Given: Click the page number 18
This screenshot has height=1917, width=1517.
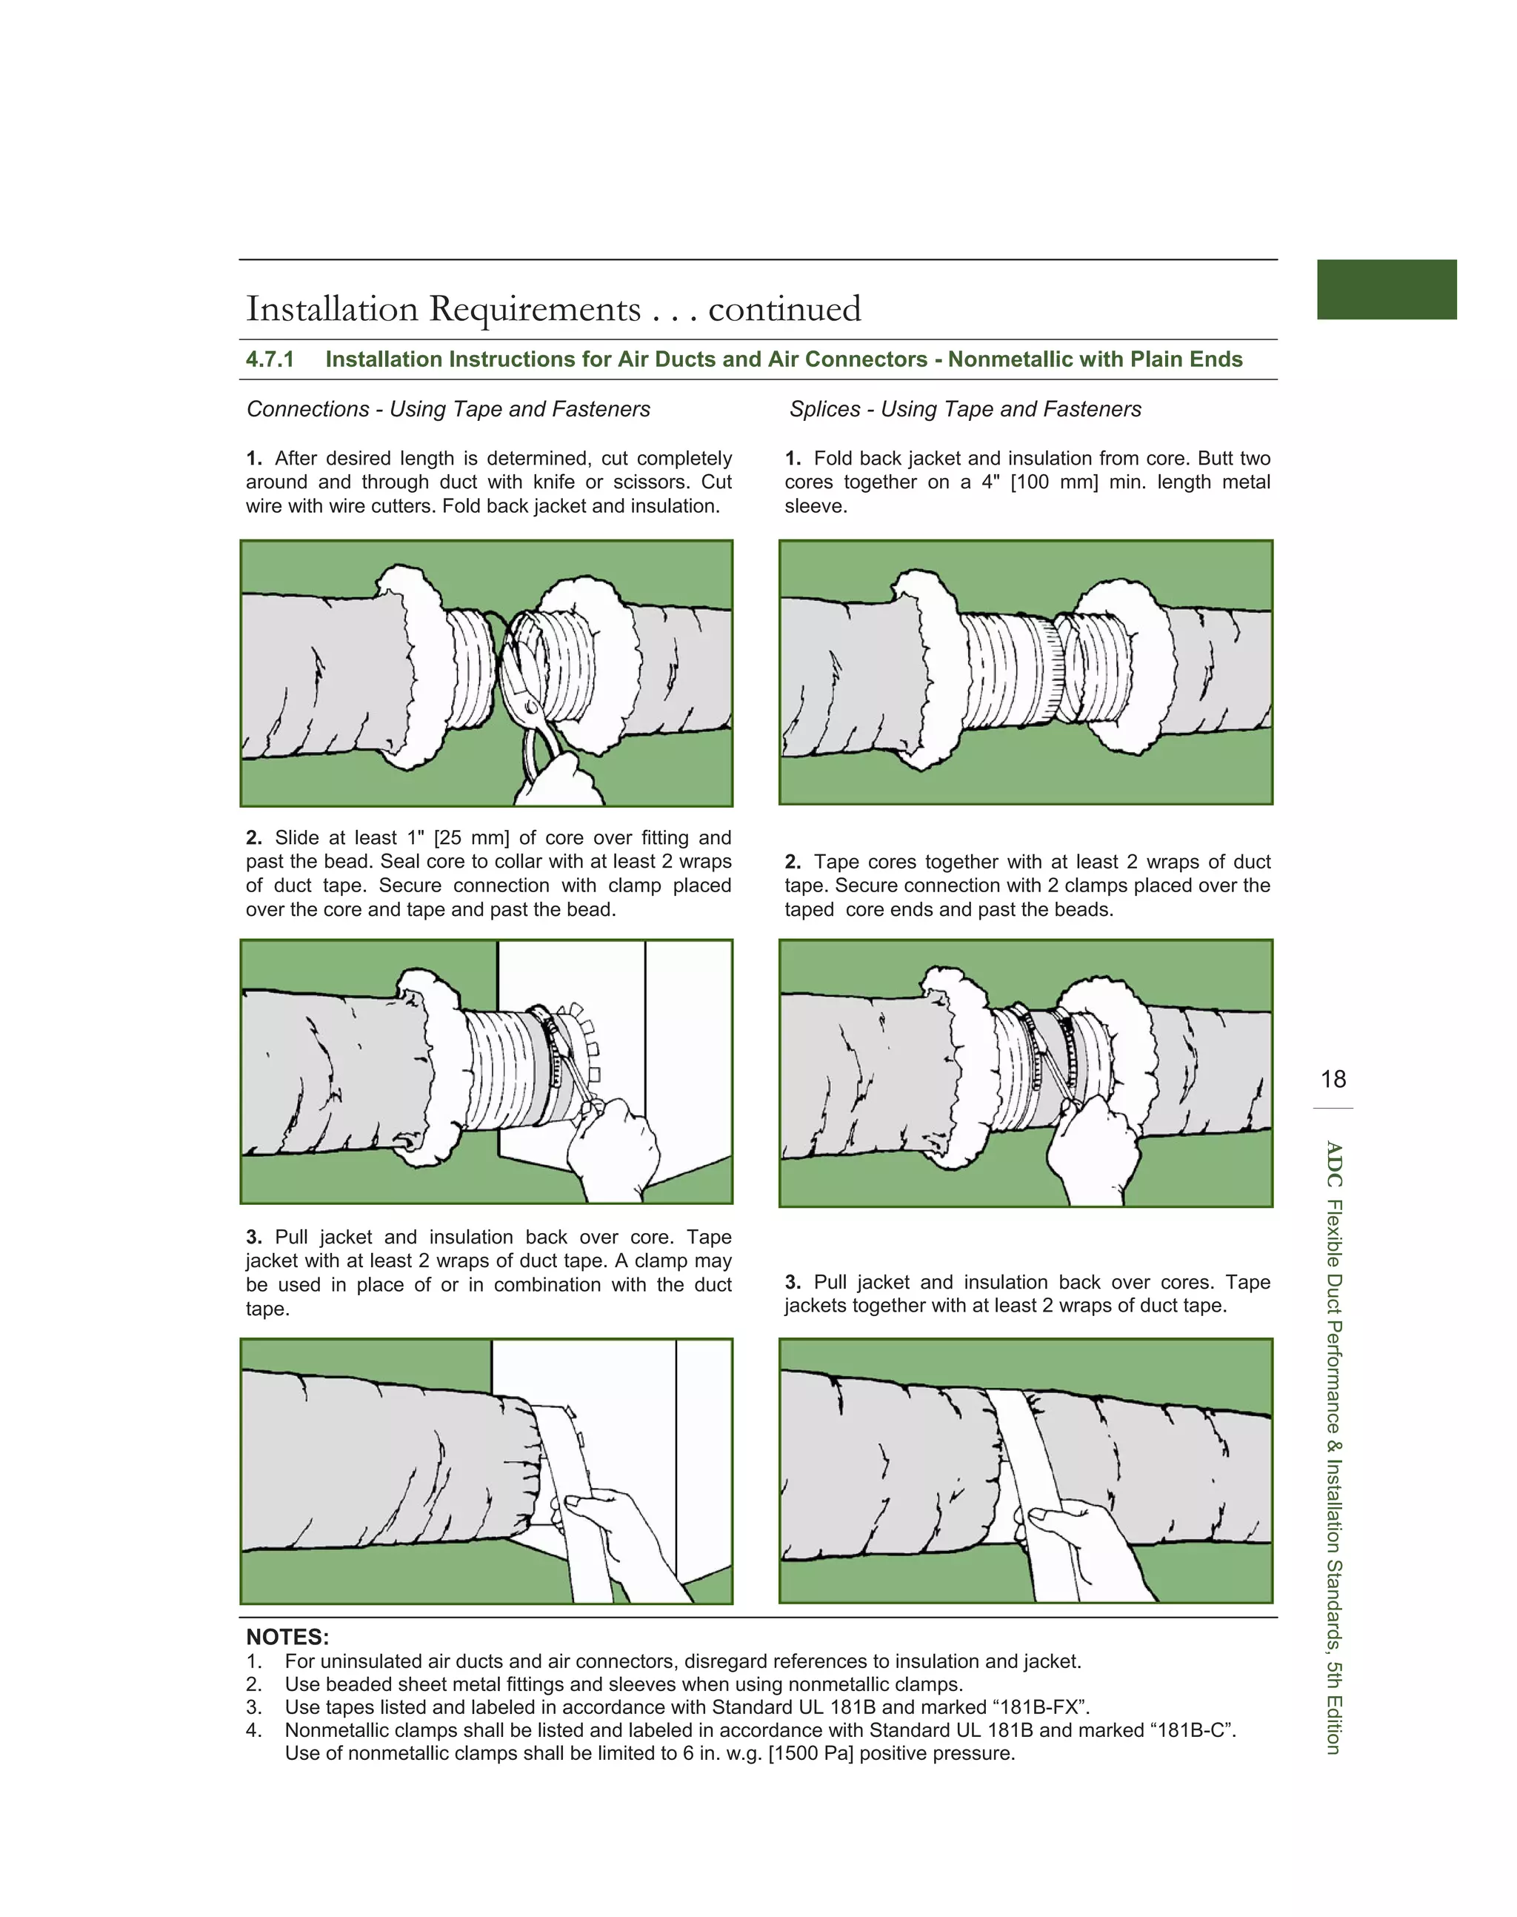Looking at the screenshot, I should (x=1333, y=1080).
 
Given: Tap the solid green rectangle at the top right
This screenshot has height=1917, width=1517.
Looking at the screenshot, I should (x=1387, y=290).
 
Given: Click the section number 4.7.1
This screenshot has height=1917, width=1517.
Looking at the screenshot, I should (x=270, y=360).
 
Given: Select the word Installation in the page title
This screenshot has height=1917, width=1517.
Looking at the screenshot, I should (x=332, y=309).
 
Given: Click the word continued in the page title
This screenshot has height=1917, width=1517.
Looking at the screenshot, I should (x=784, y=309).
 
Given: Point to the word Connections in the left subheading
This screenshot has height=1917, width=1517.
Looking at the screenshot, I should (x=307, y=410).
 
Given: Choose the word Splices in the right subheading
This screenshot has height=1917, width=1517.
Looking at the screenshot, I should (x=825, y=410).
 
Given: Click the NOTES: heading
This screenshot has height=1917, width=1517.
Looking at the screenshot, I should (x=287, y=1637).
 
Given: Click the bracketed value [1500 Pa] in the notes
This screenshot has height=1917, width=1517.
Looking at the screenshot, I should (x=810, y=1753).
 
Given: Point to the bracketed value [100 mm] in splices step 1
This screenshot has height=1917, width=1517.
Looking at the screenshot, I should (x=1053, y=482).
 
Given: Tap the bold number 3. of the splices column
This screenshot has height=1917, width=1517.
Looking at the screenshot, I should (x=793, y=1283).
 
